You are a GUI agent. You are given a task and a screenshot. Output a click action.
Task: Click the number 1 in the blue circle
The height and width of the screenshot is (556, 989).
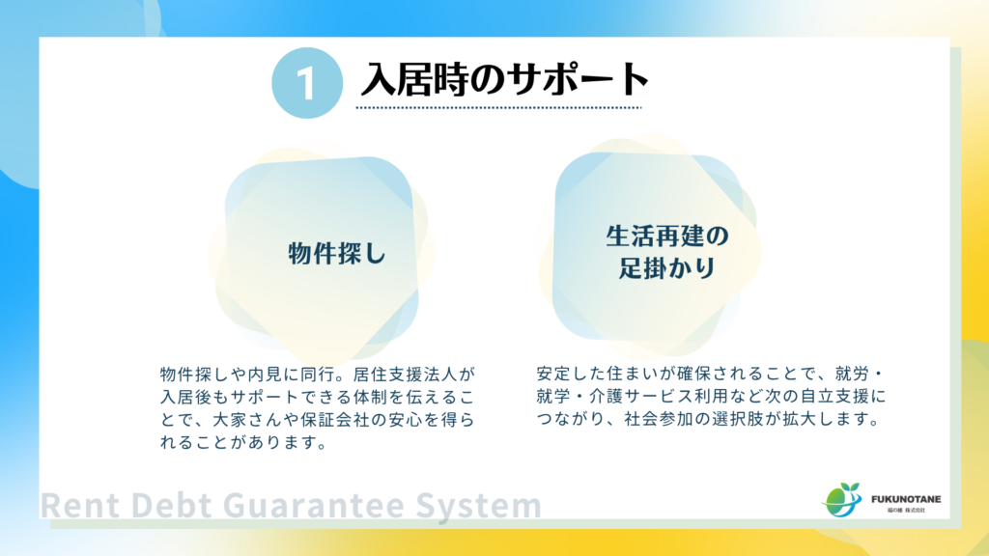(x=306, y=84)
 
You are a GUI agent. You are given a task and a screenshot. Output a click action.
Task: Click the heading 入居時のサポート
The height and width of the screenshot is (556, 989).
(x=504, y=79)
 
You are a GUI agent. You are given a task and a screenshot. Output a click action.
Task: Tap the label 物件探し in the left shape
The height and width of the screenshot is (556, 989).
(x=337, y=254)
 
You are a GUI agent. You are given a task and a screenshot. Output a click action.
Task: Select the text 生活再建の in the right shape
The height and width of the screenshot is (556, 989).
(x=667, y=236)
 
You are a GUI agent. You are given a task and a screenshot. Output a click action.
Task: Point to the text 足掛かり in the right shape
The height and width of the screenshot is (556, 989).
(x=667, y=267)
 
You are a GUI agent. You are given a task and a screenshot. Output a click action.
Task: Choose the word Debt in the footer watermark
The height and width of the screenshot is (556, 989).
(x=170, y=506)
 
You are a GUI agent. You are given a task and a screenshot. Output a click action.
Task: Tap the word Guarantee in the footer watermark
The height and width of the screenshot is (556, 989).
(x=313, y=506)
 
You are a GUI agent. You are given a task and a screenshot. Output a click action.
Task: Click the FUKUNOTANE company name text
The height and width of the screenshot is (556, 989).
(x=906, y=499)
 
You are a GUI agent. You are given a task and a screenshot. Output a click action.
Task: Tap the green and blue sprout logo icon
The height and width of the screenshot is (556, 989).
(x=841, y=500)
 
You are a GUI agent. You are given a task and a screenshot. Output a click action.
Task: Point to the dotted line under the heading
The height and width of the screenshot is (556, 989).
(x=498, y=108)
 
